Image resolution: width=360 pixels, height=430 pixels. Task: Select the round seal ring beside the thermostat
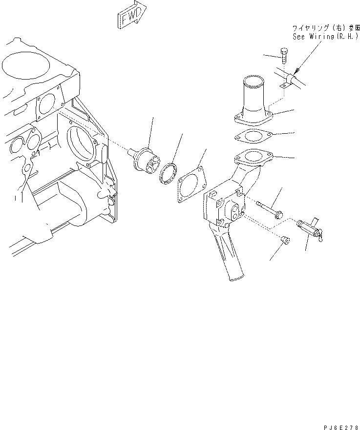coord(169,174)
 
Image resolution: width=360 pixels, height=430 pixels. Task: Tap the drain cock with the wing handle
coord(309,228)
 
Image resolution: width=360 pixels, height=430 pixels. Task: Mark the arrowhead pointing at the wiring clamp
coord(296,73)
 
